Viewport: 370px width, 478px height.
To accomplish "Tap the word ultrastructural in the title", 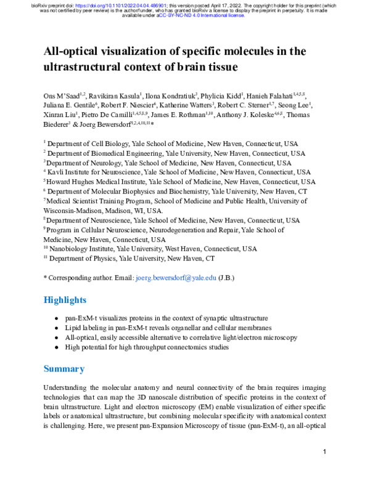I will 91,66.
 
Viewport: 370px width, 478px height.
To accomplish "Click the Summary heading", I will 64,369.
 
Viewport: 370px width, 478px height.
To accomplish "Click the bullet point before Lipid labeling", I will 57,328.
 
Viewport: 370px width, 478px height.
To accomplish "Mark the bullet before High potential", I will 57,347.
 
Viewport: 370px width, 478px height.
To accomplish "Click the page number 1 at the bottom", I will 324,453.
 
